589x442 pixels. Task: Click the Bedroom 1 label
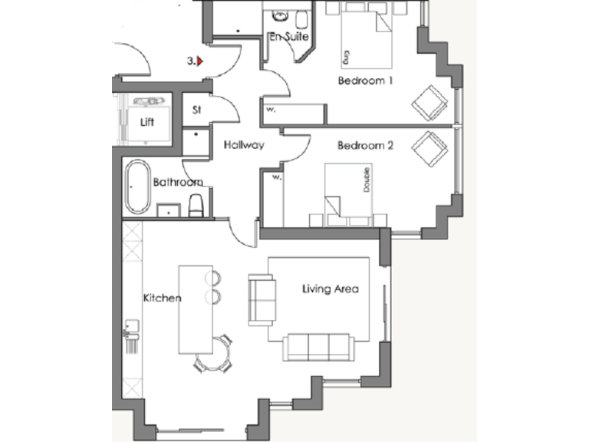(x=365, y=81)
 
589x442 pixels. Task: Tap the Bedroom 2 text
(x=365, y=144)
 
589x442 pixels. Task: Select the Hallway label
(x=244, y=144)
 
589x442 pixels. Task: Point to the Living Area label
(x=331, y=289)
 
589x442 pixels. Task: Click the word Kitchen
(x=162, y=298)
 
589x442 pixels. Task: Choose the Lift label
(x=147, y=122)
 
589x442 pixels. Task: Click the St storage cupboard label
(x=196, y=110)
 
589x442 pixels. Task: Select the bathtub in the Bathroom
(x=139, y=187)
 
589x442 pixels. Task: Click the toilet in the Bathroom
(x=196, y=205)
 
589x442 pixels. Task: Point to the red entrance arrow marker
(x=200, y=61)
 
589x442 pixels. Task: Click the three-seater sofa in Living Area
(x=318, y=348)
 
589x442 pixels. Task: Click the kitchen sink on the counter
(x=130, y=333)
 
